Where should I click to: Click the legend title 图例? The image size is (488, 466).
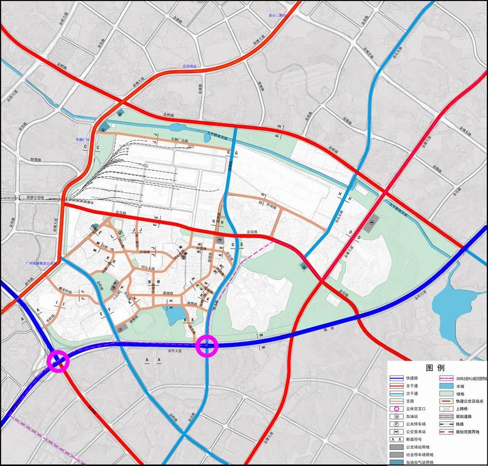[x=435, y=368]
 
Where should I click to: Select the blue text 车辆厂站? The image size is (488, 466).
[x=82, y=140]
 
